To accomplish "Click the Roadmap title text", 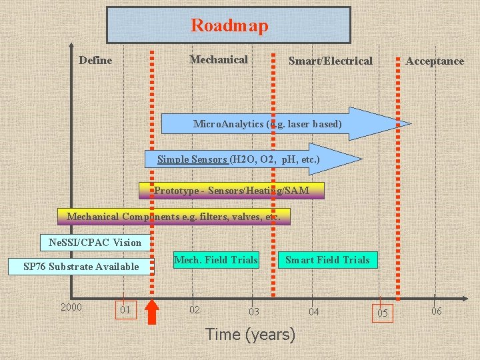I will [229, 26].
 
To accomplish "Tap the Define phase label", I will [95, 61].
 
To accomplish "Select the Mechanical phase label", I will [219, 60].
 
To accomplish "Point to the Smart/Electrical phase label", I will [331, 61].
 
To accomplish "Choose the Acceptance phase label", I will [435, 61].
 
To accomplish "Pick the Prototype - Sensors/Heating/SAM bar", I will [231, 191].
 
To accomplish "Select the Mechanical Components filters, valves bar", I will [174, 217].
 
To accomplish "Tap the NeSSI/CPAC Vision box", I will [91, 242].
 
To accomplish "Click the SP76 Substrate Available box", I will [81, 267].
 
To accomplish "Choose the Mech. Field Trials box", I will [215, 260].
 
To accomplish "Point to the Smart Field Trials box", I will [327, 260].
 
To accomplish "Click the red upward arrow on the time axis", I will [153, 312].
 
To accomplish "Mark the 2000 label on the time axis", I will [71, 307].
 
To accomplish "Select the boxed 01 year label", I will [125, 310].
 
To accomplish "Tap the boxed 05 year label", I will [382, 313].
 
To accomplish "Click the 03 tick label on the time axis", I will [253, 312].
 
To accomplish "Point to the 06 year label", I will [436, 311].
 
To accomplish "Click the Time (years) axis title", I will [250, 335].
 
